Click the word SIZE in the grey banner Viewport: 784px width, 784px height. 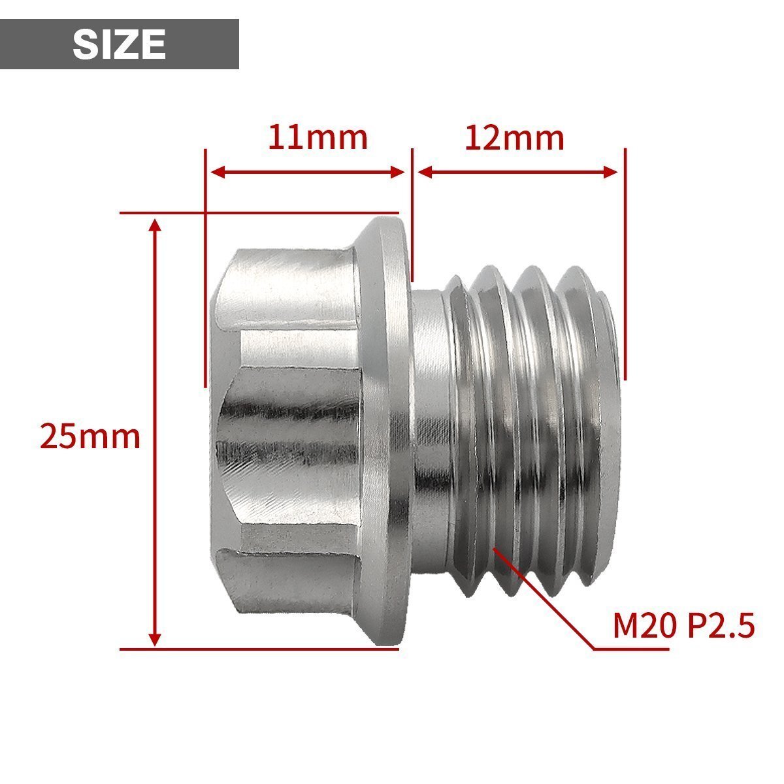coord(119,44)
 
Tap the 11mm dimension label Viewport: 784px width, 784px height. coord(318,137)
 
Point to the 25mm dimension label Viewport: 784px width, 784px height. coord(90,436)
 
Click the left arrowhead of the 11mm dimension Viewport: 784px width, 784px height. coord(218,172)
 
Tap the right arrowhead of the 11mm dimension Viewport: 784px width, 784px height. coord(397,172)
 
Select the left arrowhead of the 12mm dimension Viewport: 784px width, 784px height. coord(425,172)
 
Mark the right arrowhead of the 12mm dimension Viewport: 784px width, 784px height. coord(611,172)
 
